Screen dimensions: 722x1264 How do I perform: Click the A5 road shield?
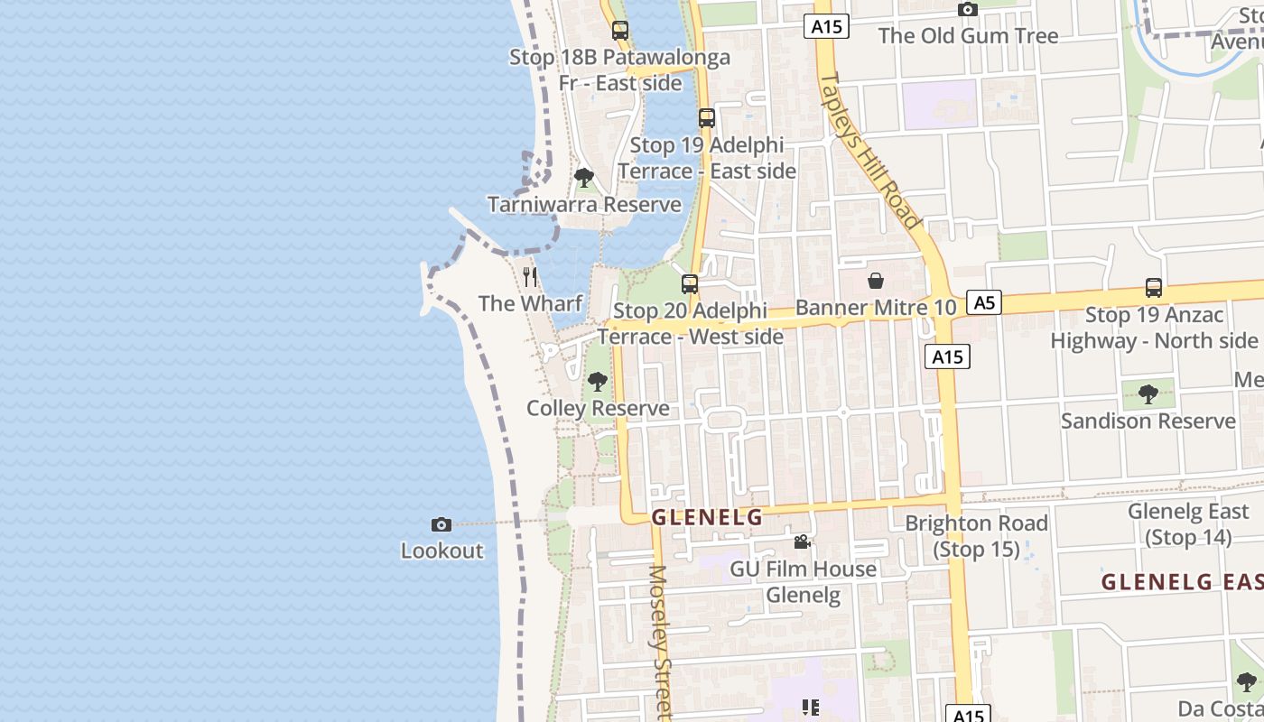click(x=984, y=302)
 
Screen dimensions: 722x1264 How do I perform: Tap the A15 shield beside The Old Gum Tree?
click(x=826, y=26)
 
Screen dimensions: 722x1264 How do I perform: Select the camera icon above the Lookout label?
click(x=441, y=524)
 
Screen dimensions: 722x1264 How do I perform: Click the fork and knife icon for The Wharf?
click(x=530, y=276)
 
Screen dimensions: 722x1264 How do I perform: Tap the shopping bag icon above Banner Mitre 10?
click(x=875, y=281)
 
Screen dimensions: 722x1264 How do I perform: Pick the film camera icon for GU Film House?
click(x=802, y=541)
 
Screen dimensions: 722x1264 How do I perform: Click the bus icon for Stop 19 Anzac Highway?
click(x=1153, y=288)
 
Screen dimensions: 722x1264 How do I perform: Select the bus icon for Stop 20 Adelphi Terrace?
click(x=690, y=284)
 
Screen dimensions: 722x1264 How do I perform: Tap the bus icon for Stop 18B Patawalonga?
click(x=619, y=31)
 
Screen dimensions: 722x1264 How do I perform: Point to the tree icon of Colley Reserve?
click(x=597, y=382)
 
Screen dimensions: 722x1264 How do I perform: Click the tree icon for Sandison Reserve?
click(x=1148, y=393)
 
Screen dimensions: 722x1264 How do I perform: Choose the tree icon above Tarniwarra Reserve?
click(x=584, y=178)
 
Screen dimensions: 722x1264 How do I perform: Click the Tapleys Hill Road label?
click(x=870, y=149)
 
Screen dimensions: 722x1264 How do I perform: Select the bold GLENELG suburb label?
click(x=707, y=517)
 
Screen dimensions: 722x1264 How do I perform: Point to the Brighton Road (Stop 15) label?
click(x=976, y=536)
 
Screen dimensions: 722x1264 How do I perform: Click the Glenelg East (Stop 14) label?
click(x=1188, y=524)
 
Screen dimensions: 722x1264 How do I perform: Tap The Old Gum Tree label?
click(x=968, y=36)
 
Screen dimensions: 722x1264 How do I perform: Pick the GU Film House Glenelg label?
click(x=803, y=582)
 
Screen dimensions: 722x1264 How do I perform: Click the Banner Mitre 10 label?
click(x=875, y=308)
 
